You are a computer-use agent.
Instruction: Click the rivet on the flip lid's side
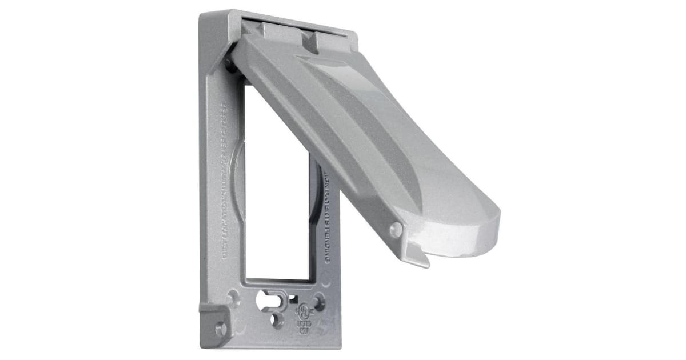[395, 230]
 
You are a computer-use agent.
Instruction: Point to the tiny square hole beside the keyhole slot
[293, 298]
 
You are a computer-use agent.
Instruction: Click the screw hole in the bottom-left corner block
[220, 329]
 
